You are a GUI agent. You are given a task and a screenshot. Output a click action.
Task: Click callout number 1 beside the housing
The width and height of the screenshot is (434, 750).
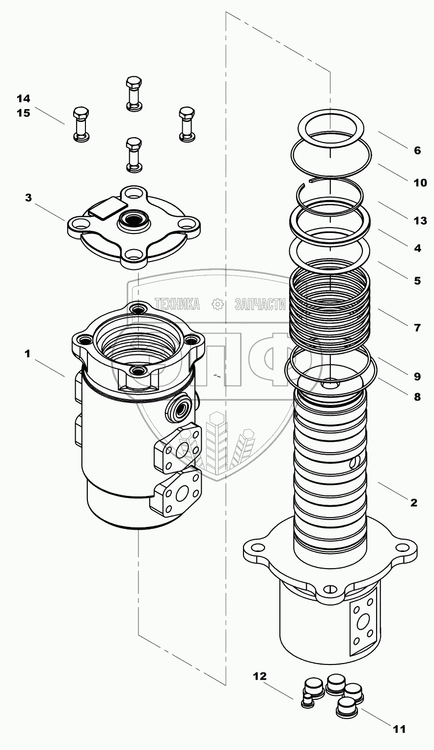click(x=28, y=353)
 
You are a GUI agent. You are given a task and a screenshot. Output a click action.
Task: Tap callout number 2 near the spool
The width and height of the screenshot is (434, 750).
click(x=413, y=503)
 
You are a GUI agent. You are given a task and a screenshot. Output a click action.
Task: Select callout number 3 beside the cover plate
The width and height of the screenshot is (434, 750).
click(x=28, y=198)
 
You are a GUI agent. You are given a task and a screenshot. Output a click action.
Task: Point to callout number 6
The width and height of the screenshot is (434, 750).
click(x=417, y=151)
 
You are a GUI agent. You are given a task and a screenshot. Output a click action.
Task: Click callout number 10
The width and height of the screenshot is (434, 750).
click(x=420, y=183)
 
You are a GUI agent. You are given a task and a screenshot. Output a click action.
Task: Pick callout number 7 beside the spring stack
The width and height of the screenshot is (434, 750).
click(x=417, y=327)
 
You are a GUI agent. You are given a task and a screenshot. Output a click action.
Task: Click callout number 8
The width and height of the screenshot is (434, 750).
click(x=417, y=397)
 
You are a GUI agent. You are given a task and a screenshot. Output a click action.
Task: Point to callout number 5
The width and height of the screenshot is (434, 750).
click(x=417, y=281)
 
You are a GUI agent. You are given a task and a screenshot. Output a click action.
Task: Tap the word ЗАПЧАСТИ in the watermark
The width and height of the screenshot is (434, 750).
click(x=260, y=304)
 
